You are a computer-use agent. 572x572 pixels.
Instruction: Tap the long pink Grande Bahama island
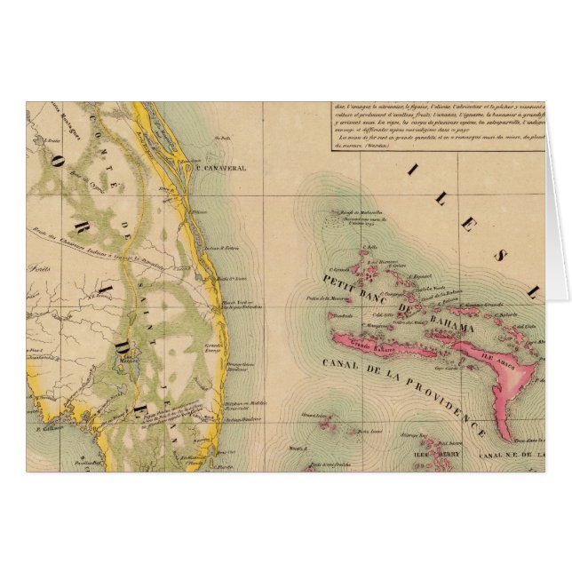[373, 338]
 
